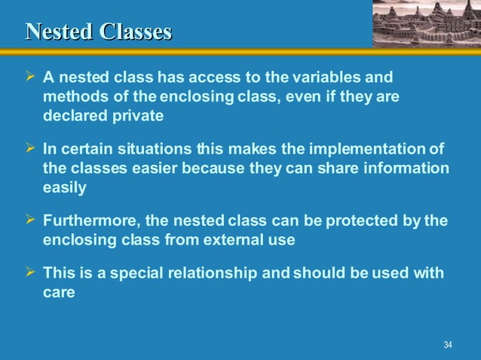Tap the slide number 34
448,345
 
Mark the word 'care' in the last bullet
59,292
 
